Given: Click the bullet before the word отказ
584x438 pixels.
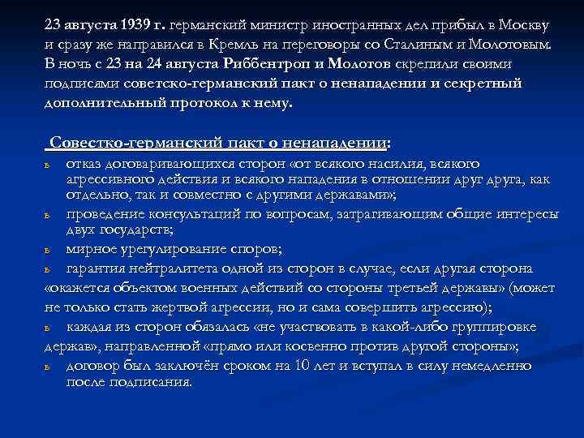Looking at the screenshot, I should [x=48, y=165].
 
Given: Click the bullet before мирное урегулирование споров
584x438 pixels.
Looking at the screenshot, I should [x=48, y=249].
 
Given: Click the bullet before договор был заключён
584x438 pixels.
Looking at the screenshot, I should [x=48, y=367].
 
